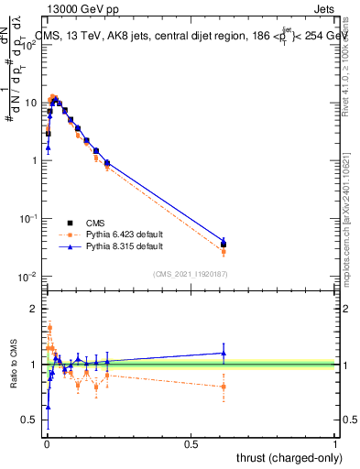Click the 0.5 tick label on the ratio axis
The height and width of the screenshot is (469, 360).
coord(31,421)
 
